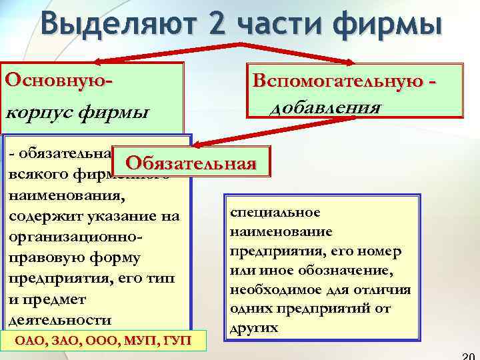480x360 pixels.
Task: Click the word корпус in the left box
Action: [x=39, y=110]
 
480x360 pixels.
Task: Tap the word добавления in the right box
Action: [x=325, y=107]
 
